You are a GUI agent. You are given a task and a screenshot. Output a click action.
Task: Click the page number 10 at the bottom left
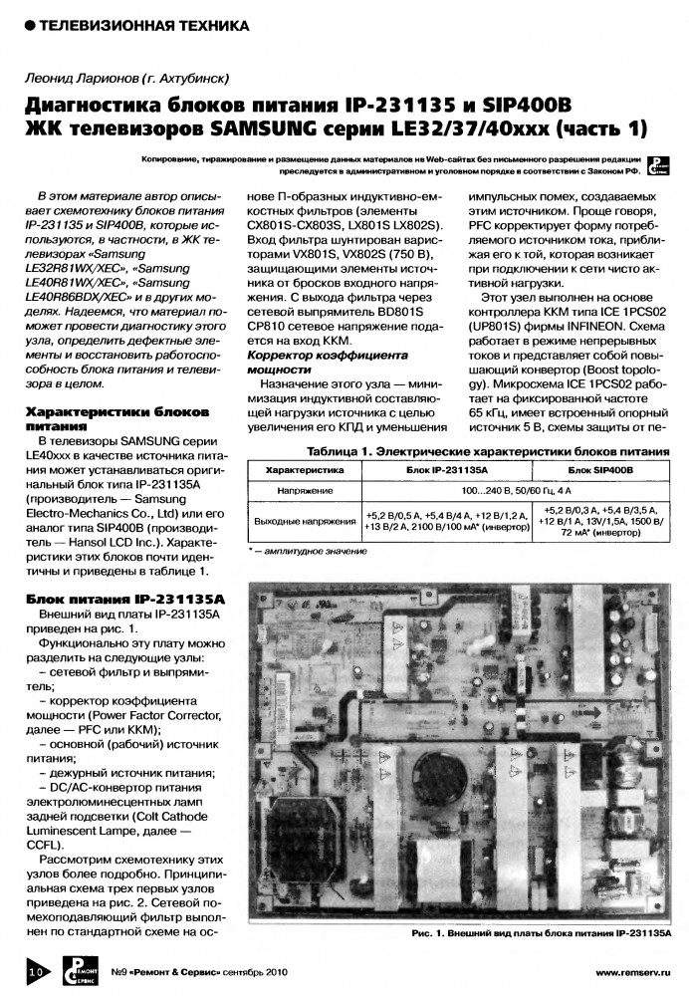pos(32,967)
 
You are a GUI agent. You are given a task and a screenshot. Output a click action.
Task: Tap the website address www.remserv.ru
pos(632,970)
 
